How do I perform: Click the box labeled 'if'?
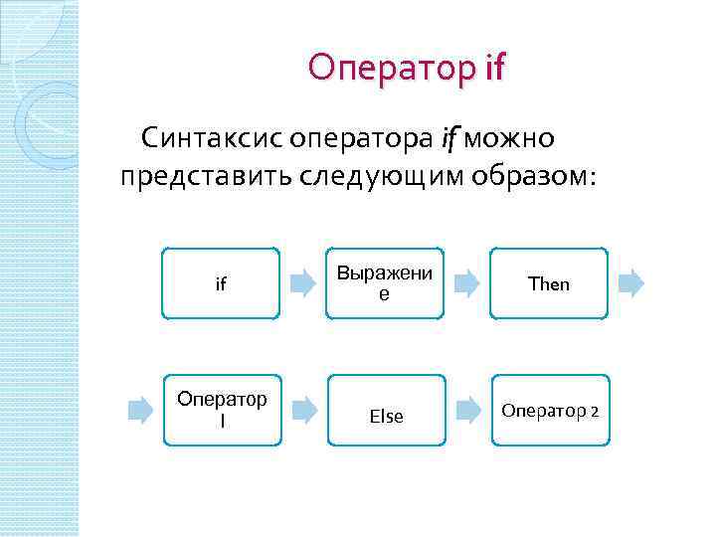point(221,283)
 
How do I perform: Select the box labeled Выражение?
point(384,283)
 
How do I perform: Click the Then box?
point(549,283)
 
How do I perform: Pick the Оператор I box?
point(221,410)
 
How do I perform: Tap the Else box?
point(386,416)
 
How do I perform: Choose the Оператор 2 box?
point(549,410)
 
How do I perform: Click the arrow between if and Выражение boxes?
point(302,283)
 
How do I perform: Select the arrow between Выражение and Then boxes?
point(466,283)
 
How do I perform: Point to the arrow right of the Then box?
point(630,283)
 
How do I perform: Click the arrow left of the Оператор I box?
point(138,410)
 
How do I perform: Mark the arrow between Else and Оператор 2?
point(467,410)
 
